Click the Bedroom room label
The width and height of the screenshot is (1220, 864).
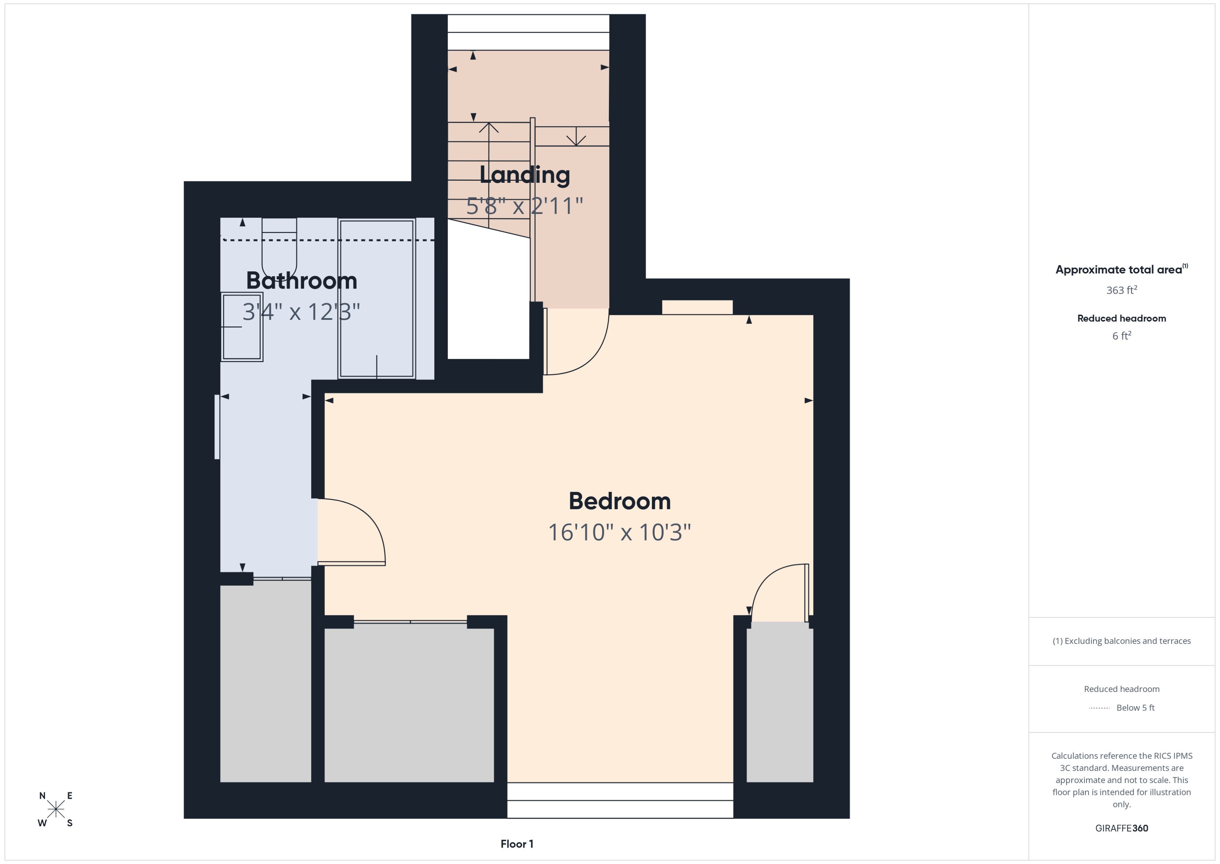click(x=619, y=501)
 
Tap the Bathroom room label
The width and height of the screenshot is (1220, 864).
click(x=302, y=281)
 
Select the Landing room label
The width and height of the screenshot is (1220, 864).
click(x=525, y=175)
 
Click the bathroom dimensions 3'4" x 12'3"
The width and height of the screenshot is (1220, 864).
click(x=302, y=312)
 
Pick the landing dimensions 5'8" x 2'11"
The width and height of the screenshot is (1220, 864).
click(x=525, y=206)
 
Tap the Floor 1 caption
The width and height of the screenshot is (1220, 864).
click(x=517, y=844)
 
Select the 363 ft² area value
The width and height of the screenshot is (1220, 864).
click(x=1121, y=290)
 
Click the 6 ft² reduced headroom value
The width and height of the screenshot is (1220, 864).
click(x=1121, y=336)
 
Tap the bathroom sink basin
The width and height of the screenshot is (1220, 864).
click(x=242, y=327)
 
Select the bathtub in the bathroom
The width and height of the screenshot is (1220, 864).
click(x=376, y=298)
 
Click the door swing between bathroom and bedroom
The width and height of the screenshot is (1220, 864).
click(x=353, y=532)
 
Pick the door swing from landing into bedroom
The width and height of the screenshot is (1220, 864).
click(x=577, y=343)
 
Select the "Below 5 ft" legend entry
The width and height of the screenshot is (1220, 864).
click(x=1135, y=708)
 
